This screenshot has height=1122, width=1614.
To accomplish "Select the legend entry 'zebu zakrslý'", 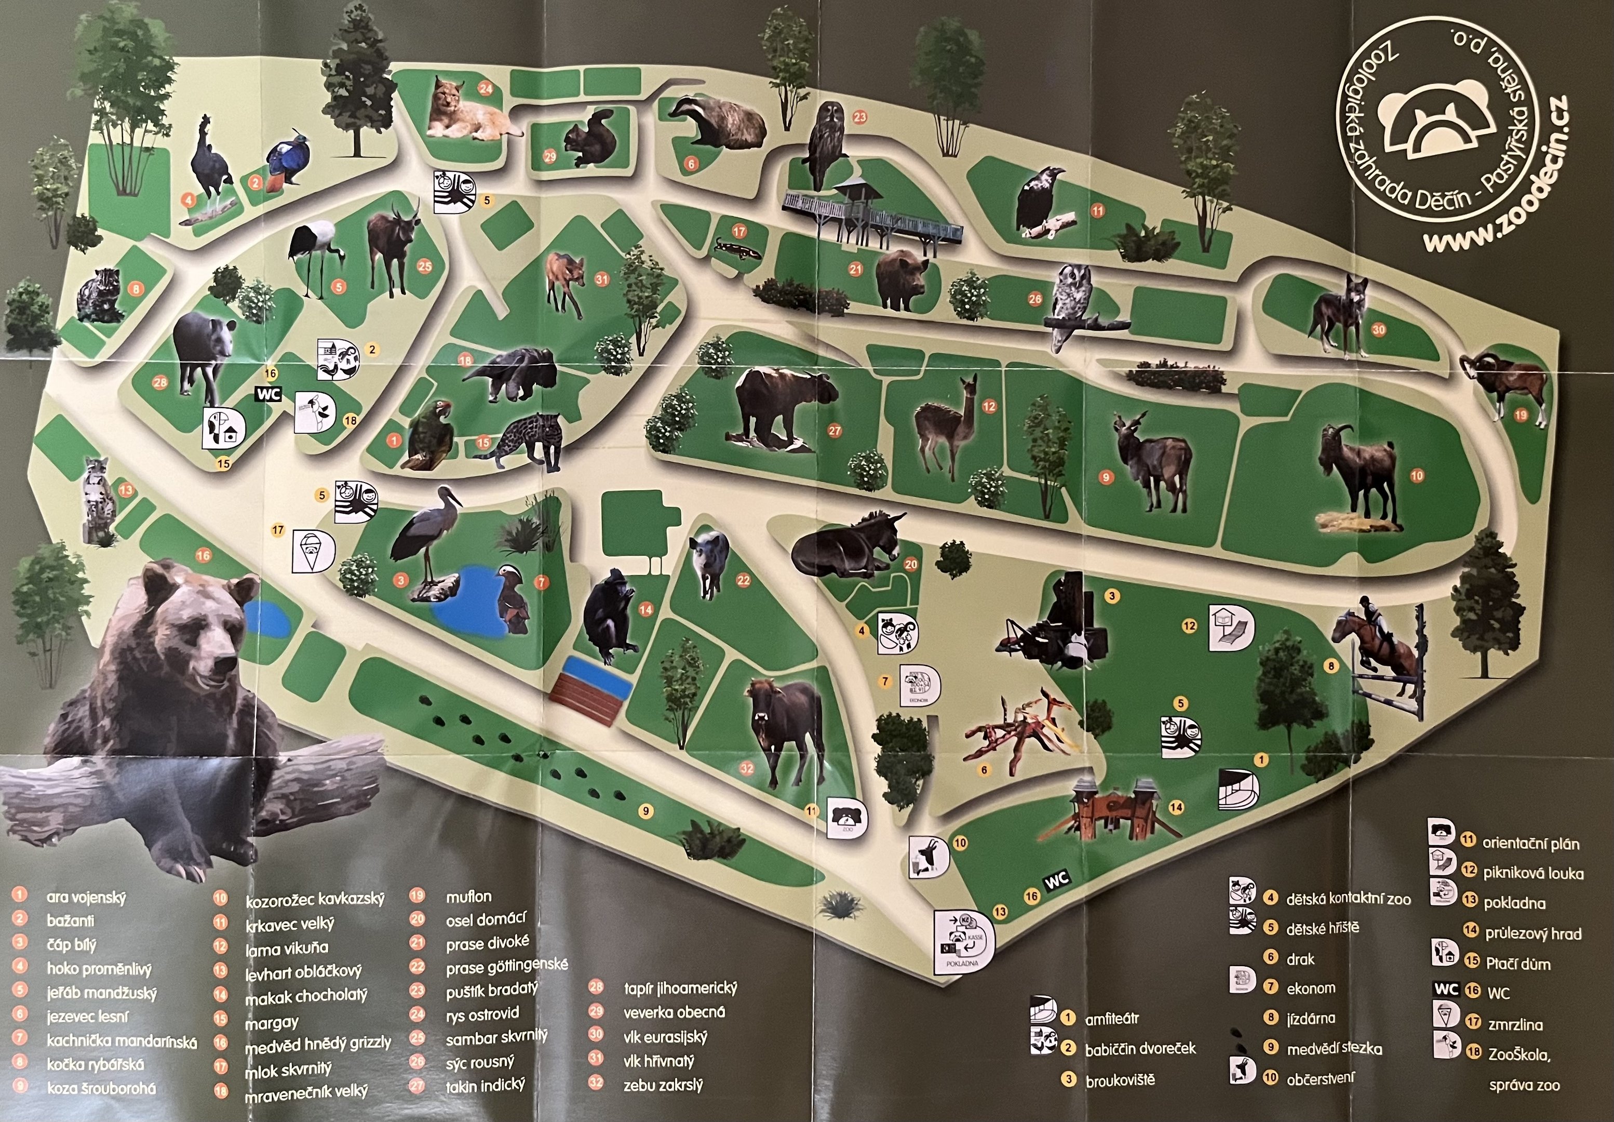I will coord(663,1086).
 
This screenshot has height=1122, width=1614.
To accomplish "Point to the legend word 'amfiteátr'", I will coord(1112,1019).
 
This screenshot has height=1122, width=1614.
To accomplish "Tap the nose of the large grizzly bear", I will coord(226,662).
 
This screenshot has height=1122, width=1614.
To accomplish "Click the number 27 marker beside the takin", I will coord(835,431).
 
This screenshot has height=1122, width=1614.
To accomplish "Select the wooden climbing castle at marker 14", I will coord(1117,808).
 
